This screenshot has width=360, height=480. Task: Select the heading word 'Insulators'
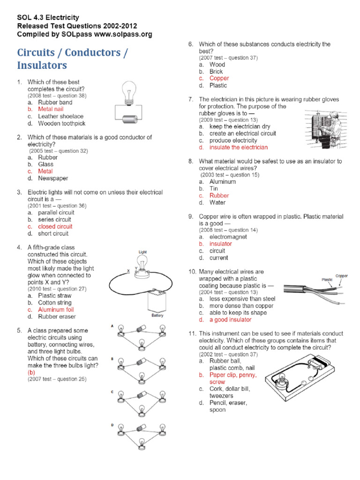coord(42,65)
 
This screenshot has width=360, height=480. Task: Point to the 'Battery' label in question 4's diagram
coord(157,316)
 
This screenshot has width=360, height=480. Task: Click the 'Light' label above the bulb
coord(142,252)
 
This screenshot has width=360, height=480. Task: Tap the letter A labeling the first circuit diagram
coord(112,325)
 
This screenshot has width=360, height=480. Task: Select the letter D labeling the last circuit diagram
coord(112,425)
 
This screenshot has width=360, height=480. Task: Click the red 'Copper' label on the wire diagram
coord(342,276)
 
